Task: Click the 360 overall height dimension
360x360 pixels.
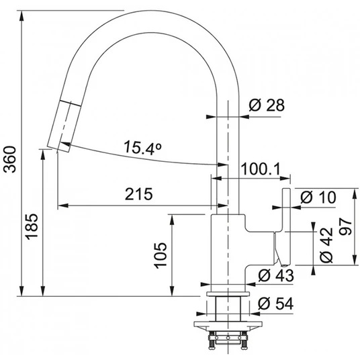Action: pos(10,159)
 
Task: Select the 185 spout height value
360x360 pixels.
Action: pos(31,226)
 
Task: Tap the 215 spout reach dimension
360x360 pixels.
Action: pos(138,194)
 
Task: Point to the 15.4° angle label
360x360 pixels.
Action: pos(142,147)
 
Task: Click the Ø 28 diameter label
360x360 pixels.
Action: pos(267,105)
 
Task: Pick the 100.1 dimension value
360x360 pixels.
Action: pos(261,169)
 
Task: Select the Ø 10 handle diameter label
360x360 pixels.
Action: pos(318,197)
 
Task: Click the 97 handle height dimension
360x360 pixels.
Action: pos(345,227)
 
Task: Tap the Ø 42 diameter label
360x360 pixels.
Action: pos(326,245)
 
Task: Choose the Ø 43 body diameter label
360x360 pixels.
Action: pos(276,275)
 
